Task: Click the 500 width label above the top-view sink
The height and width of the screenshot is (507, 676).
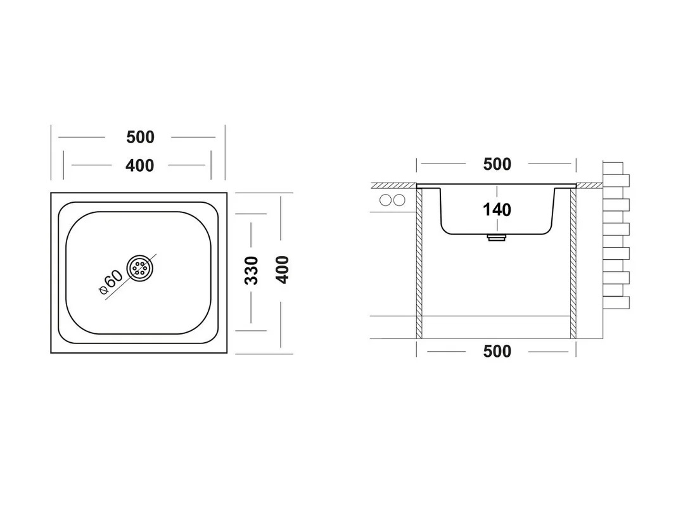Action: [x=140, y=137]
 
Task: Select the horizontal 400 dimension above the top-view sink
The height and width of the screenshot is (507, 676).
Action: [x=139, y=165]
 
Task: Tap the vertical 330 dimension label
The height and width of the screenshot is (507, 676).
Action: [x=252, y=271]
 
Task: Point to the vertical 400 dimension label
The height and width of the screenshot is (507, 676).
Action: [x=282, y=269]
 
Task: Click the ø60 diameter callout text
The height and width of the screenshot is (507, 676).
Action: [x=111, y=282]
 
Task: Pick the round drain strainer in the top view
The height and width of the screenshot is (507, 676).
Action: [x=139, y=268]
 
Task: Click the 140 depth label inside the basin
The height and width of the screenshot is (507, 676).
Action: [x=497, y=210]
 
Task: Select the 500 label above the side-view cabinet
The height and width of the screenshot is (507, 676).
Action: [x=497, y=164]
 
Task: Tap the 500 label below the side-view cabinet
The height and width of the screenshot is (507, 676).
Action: [x=497, y=351]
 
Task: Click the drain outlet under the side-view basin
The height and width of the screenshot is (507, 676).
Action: [x=496, y=238]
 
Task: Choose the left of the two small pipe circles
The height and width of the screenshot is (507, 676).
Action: [x=385, y=200]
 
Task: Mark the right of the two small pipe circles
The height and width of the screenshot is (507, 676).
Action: [x=399, y=200]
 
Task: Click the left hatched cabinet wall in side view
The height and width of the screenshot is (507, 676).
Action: [x=419, y=263]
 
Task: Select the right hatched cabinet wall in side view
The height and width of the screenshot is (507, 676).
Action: [x=573, y=263]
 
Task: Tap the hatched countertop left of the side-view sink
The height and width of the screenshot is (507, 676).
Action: [x=394, y=186]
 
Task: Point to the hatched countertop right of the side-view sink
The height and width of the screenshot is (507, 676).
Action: [x=589, y=186]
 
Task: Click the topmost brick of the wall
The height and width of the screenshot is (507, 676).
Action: [x=613, y=168]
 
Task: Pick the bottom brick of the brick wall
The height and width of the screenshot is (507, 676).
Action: [x=616, y=302]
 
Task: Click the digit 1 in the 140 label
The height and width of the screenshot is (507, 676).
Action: [x=487, y=210]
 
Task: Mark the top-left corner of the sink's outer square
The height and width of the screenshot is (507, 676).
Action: [x=51, y=193]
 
